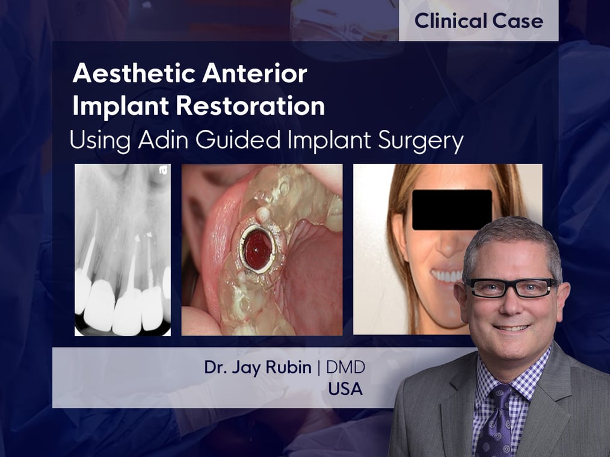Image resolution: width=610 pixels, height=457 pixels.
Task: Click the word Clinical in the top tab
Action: coord(451,20)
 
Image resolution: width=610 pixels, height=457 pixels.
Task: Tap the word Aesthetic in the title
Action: coord(134,73)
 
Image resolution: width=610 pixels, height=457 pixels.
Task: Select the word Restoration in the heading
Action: coord(250,105)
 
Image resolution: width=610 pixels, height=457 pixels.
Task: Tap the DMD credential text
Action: coord(345,367)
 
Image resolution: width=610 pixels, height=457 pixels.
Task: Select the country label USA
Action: coord(345,389)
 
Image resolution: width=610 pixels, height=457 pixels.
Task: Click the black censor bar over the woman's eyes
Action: coord(452,210)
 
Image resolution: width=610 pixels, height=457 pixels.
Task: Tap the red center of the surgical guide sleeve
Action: coord(257,250)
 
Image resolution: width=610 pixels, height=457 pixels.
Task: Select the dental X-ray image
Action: coord(123,250)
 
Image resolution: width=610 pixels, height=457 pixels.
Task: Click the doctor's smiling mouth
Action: coord(511,328)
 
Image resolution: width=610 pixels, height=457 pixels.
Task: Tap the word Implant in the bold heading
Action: coord(120,106)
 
